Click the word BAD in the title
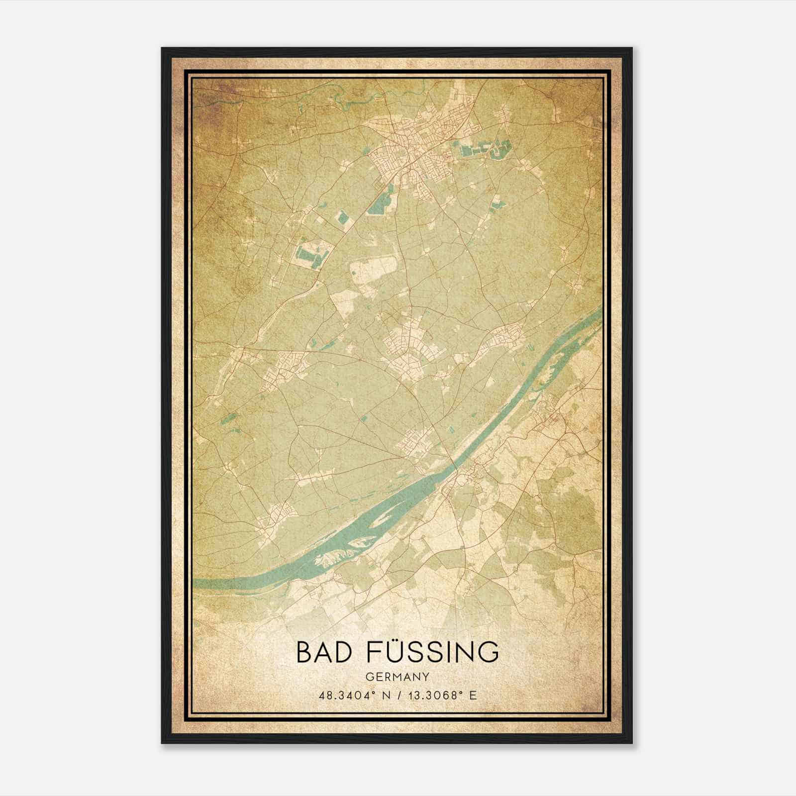323,651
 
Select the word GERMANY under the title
398,677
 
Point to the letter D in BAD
343,651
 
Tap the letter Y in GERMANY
426,677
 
